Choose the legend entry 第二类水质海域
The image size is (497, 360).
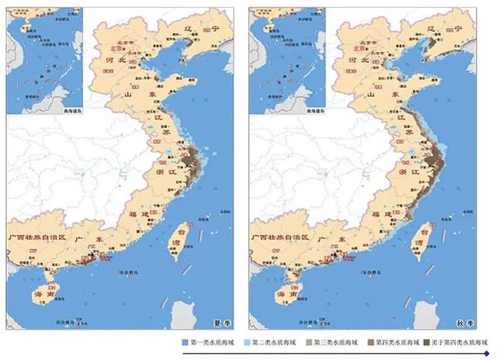point(264,342)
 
